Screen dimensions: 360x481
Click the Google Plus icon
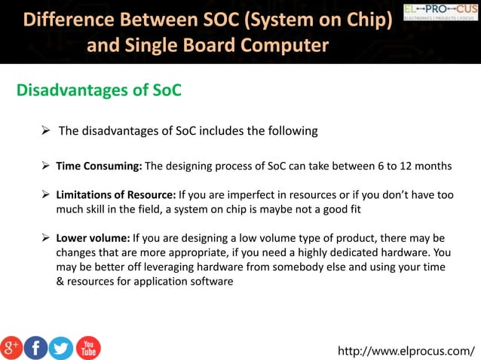tap(11, 346)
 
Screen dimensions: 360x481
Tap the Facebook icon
tap(35, 346)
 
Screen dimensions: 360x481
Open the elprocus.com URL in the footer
tap(406, 350)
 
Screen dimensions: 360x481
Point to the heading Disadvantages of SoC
tap(99, 91)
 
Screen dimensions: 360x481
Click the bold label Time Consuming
tap(99, 166)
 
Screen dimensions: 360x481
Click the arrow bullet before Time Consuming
tap(47, 165)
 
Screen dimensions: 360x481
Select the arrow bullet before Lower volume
tap(47, 238)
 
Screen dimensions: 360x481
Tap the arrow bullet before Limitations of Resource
tap(47, 194)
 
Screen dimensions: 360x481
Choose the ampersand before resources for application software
tap(60, 282)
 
